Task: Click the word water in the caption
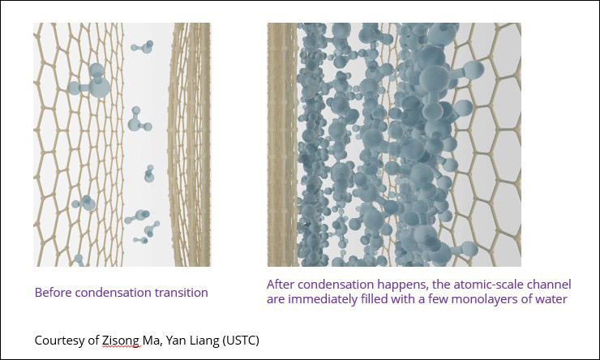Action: point(552,299)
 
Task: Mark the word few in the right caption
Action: point(438,299)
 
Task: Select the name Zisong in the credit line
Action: point(120,340)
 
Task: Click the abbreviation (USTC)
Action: point(240,340)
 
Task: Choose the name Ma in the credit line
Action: point(152,340)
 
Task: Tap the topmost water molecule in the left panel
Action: point(143,47)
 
